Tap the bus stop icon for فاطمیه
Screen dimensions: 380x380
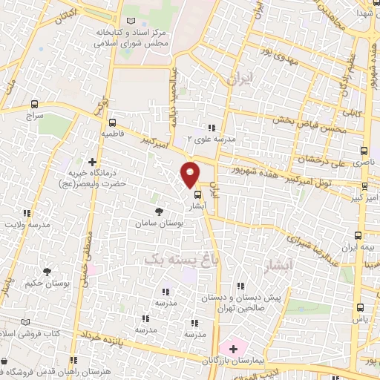[x=112, y=122]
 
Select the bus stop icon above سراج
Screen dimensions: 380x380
[x=34, y=105]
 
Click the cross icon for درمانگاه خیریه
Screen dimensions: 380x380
[x=92, y=161]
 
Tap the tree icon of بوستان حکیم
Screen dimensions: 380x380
[x=48, y=272]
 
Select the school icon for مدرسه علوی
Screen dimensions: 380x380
[x=211, y=128]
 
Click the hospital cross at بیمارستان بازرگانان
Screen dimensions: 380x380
[x=229, y=348]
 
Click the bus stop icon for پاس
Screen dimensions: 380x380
[x=360, y=307]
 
